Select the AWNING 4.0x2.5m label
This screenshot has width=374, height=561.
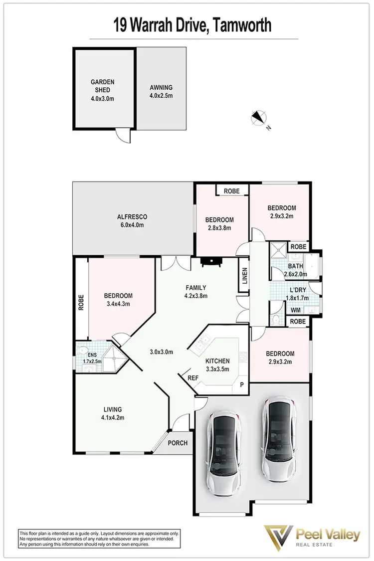point(161,91)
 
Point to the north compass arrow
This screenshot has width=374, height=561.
point(257,118)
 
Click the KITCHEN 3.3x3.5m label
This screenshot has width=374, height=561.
point(217,365)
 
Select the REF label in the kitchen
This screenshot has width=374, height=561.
point(193,378)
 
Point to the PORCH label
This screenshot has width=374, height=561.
point(178,443)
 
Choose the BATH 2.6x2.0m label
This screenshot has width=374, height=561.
point(294,270)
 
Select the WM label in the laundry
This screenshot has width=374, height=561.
point(296,310)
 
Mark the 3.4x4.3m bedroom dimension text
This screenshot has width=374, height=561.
point(118,304)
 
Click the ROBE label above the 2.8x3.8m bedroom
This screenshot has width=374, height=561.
point(231,191)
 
